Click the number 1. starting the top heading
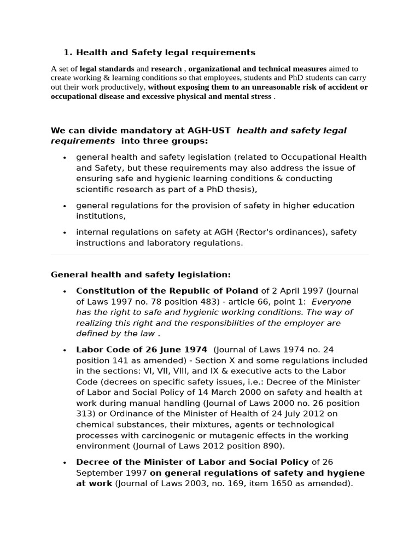point(68,52)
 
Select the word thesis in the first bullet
point(238,189)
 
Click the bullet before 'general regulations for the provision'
point(65,206)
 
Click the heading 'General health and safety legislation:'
point(141,275)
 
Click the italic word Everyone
point(331,302)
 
